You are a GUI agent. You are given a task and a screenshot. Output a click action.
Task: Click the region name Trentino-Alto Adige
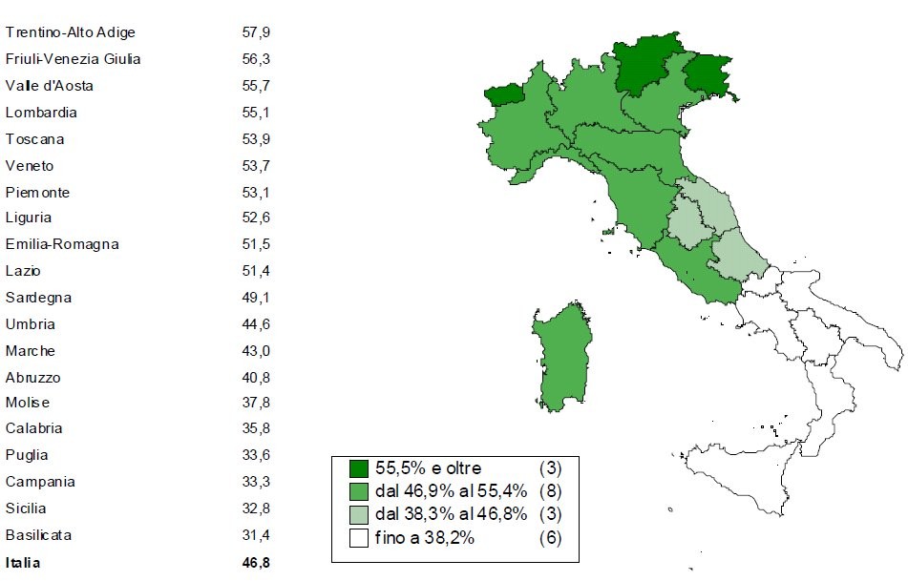click(x=71, y=32)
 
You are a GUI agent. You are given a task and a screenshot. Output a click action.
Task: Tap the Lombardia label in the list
click(x=41, y=113)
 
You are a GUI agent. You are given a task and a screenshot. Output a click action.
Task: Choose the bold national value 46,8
click(x=256, y=563)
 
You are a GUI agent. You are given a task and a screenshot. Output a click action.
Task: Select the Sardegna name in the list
click(x=38, y=298)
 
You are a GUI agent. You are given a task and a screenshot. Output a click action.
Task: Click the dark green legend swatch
click(x=358, y=468)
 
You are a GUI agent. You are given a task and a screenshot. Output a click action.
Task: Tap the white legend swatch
click(x=358, y=538)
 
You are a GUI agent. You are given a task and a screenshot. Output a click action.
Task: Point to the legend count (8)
click(x=550, y=492)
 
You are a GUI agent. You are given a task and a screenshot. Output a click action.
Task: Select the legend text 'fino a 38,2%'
click(x=424, y=538)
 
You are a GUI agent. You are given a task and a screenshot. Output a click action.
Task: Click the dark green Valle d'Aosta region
click(x=504, y=93)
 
